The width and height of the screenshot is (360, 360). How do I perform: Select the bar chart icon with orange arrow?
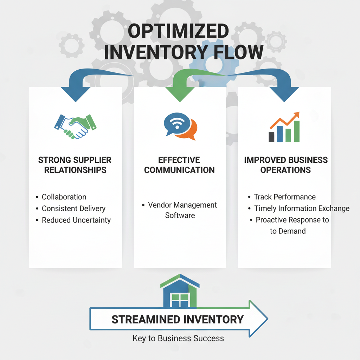[x=284, y=127]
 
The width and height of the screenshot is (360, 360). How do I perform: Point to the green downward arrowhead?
[x=180, y=95]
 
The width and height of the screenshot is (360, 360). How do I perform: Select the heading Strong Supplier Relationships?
[x=75, y=165]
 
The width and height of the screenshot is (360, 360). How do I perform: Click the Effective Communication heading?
[x=179, y=165]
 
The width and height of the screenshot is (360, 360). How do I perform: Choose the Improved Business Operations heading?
[x=285, y=165]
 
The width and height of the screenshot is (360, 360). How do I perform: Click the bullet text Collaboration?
[x=64, y=197]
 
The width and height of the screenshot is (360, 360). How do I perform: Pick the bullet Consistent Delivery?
[x=73, y=208]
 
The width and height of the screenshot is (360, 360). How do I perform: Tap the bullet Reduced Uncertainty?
[x=76, y=220]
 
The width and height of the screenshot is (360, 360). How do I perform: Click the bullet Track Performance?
[x=285, y=197]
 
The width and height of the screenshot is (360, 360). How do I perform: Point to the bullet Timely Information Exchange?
[x=302, y=208]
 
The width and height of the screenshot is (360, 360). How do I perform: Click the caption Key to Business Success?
[x=178, y=338]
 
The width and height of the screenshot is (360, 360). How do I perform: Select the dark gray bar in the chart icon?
[x=271, y=137]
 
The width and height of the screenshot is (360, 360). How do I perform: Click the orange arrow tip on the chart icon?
[x=297, y=114]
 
